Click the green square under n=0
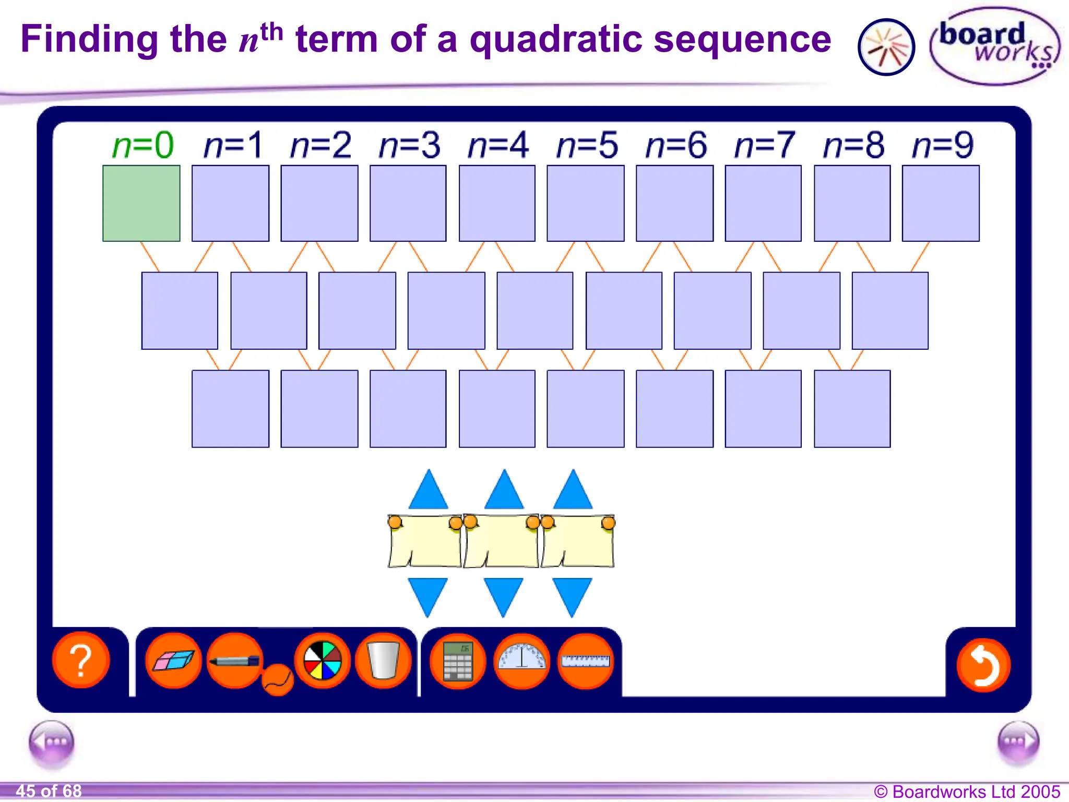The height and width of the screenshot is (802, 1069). pos(141,203)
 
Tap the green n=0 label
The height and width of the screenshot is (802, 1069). pos(142,145)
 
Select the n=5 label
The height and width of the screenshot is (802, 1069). pos(587,145)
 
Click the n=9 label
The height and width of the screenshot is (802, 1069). pos(943,145)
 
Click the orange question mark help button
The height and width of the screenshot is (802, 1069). pos(81,661)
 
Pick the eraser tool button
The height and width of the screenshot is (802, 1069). pos(174,661)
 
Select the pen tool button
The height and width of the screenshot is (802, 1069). pos(235,661)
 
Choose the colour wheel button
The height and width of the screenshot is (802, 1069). pos(322,661)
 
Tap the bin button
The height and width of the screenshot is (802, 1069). pos(383,661)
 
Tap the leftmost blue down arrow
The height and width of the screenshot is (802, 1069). pos(427,595)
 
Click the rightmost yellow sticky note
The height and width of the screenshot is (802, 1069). pos(578,541)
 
